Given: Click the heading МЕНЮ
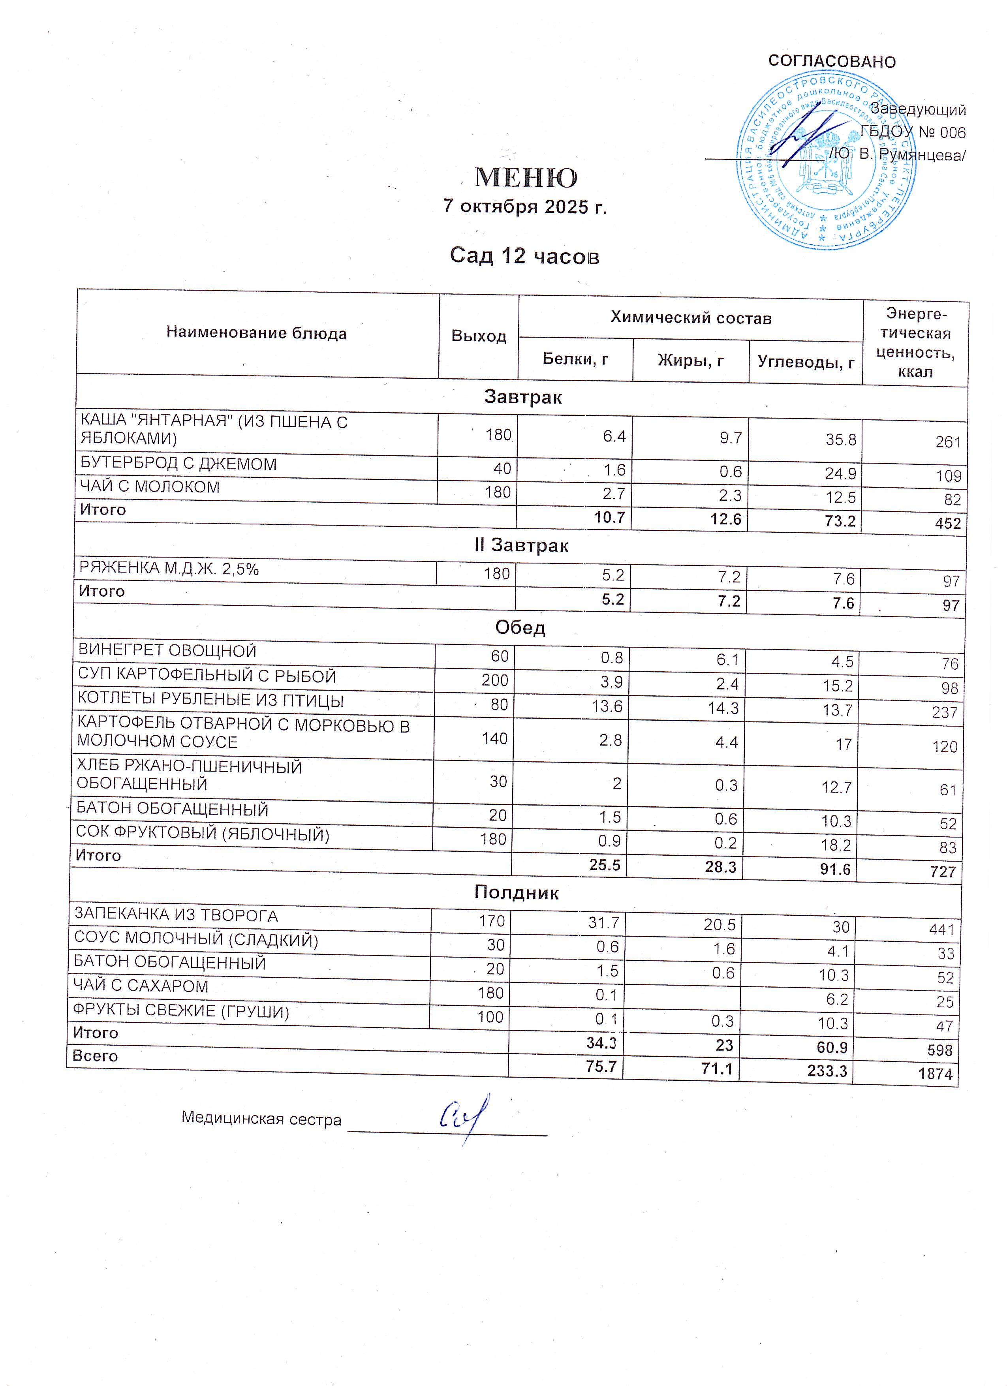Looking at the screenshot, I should point(526,178).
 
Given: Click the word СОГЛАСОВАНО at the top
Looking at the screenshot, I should point(832,62).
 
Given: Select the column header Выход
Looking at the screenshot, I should point(479,336).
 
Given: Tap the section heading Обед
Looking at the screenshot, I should point(520,627).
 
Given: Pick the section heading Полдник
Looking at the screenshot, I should point(516,893).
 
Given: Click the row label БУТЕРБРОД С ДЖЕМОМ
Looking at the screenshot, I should point(178,464).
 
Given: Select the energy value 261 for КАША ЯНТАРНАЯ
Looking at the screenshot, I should point(948,442).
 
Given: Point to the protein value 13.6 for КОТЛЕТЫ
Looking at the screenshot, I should point(607,706).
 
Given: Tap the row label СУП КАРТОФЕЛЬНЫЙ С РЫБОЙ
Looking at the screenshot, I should point(207,676).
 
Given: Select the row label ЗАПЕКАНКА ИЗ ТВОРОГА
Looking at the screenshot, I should point(176,915).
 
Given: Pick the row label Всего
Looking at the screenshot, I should point(95,1056).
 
